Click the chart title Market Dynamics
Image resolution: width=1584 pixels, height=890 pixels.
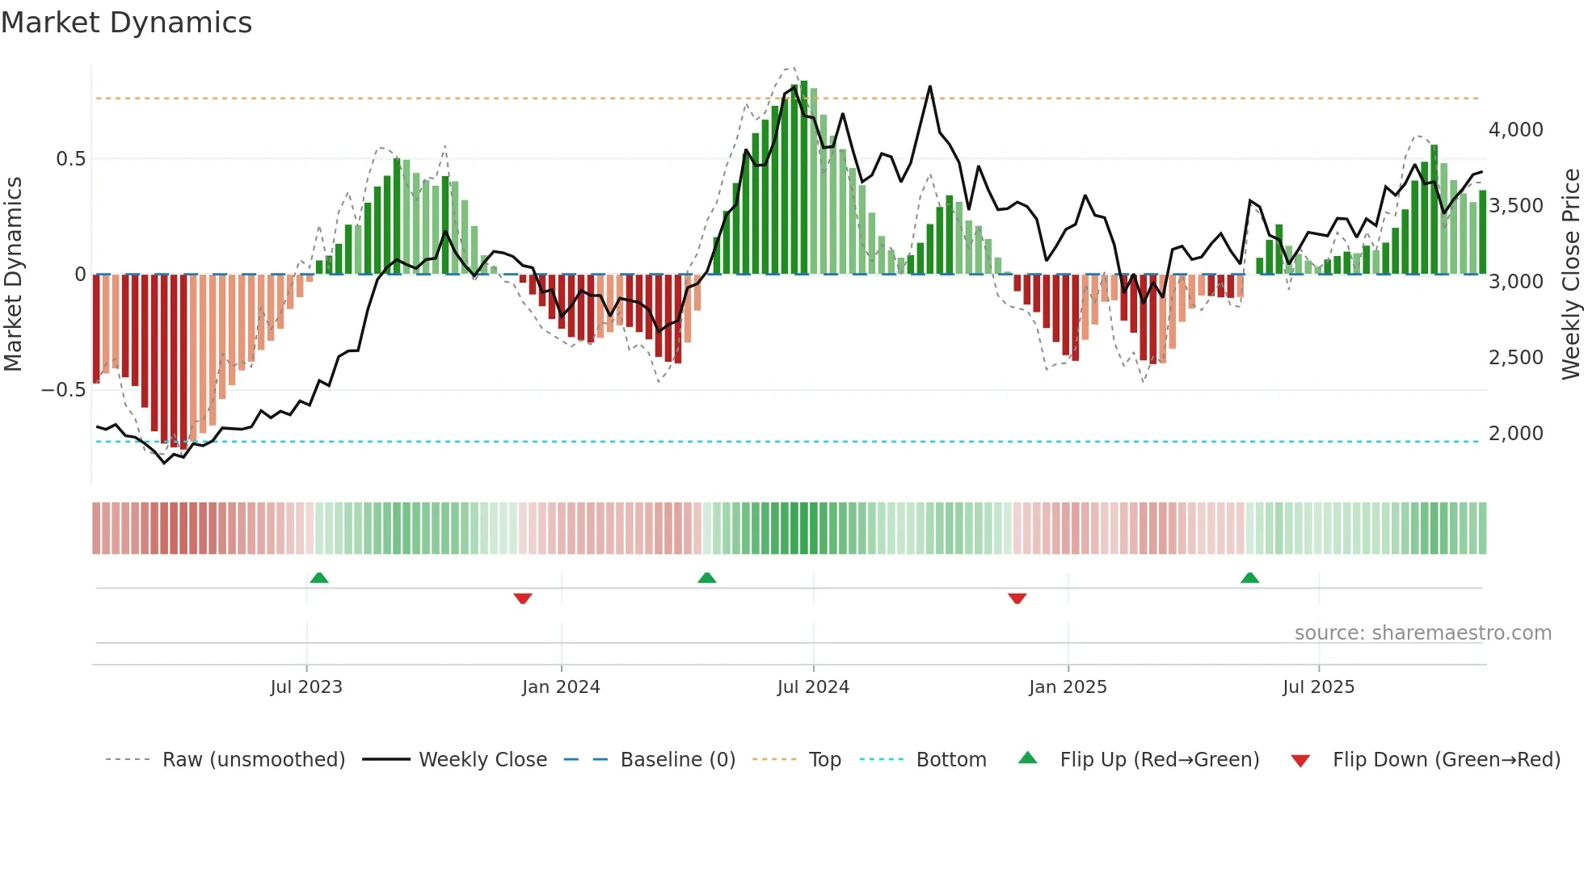tap(127, 23)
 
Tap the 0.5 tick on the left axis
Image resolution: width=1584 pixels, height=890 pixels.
tap(70, 159)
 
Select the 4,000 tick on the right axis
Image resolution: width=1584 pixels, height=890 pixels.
tap(1515, 130)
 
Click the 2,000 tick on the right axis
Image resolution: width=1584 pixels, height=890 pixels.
tap(1515, 434)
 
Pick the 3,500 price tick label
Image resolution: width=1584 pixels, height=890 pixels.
tap(1515, 206)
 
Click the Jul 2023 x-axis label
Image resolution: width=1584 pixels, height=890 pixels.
tap(306, 687)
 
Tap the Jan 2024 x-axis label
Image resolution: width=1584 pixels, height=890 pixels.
tap(561, 687)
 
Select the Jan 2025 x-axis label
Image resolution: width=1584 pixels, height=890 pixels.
tap(1068, 687)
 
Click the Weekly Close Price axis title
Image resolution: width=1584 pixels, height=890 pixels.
tap(1570, 275)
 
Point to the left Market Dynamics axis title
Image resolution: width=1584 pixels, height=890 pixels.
tap(13, 275)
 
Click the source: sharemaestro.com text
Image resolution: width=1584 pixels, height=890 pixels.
tap(1422, 633)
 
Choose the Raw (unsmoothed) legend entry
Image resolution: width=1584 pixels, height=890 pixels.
tap(253, 760)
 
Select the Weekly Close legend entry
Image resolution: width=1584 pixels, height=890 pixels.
tap(482, 760)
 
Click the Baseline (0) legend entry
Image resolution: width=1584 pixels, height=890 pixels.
tap(677, 760)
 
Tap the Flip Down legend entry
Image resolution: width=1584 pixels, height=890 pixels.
tap(1446, 760)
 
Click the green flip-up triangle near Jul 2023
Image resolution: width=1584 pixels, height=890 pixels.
tap(319, 577)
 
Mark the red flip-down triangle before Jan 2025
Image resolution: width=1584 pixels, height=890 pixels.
tap(1017, 598)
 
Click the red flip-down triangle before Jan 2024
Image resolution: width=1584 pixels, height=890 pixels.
tap(523, 598)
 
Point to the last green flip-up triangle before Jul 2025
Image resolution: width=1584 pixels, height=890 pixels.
tap(1249, 577)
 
